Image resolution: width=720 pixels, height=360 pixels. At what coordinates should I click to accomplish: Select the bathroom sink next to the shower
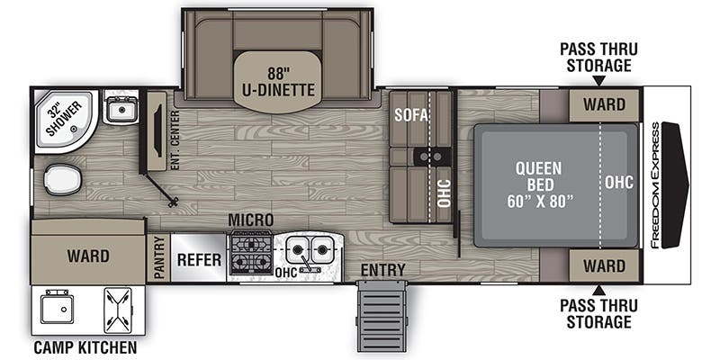pyautogui.click(x=120, y=110)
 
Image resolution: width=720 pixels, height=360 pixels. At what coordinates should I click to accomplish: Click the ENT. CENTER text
pyautogui.click(x=175, y=140)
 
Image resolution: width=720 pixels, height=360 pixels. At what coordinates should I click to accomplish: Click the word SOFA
pyautogui.click(x=410, y=115)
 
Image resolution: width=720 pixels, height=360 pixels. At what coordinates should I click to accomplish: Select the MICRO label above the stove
pyautogui.click(x=250, y=220)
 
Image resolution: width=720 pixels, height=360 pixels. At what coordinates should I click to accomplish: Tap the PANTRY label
pyautogui.click(x=159, y=258)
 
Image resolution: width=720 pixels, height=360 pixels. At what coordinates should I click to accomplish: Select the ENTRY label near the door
pyautogui.click(x=382, y=270)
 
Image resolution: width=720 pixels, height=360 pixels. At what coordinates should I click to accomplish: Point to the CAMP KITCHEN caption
pyautogui.click(x=85, y=347)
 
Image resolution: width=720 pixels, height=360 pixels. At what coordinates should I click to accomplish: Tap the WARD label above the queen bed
pyautogui.click(x=603, y=104)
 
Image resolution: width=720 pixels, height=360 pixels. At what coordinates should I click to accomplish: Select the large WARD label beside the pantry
pyautogui.click(x=88, y=256)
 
